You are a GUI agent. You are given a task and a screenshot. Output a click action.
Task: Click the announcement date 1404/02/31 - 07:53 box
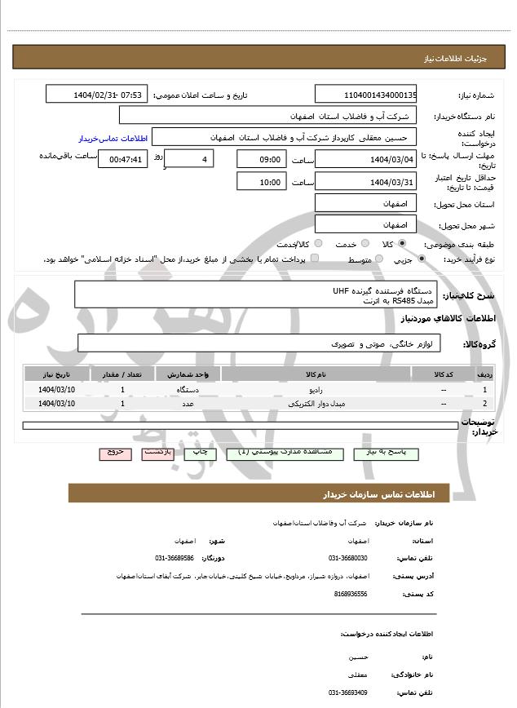(x=97, y=95)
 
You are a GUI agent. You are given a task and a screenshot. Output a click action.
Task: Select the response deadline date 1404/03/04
(x=366, y=159)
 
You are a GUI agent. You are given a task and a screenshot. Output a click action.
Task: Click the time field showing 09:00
(x=262, y=159)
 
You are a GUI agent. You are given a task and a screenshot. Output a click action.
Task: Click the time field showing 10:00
(x=262, y=182)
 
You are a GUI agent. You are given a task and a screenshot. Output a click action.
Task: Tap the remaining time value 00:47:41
(x=122, y=159)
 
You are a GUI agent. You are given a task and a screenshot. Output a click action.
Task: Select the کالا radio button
(x=402, y=244)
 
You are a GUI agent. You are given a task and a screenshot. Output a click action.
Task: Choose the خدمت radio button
(x=364, y=244)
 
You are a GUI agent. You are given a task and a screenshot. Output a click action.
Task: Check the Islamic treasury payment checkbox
(x=315, y=259)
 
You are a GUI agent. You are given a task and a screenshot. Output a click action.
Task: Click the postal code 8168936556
(x=351, y=595)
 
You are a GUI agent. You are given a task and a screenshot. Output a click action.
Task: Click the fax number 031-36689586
(x=175, y=558)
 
